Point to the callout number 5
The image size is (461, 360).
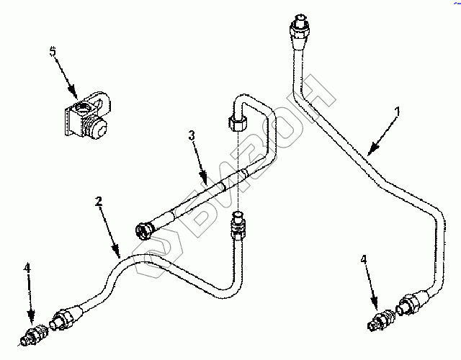(51, 52)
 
